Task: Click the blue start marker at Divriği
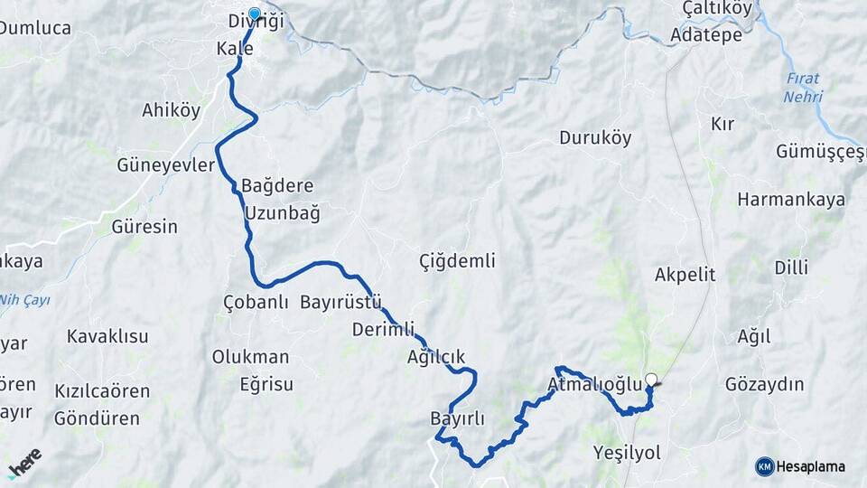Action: pyautogui.click(x=254, y=14)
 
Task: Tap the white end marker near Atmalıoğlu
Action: pyautogui.click(x=651, y=380)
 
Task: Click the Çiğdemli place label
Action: pyautogui.click(x=457, y=261)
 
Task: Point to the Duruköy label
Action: pyautogui.click(x=595, y=138)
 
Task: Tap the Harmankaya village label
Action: pyautogui.click(x=791, y=199)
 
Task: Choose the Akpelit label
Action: pyautogui.click(x=685, y=274)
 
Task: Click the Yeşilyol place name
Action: pyautogui.click(x=627, y=452)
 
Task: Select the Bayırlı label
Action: pyautogui.click(x=458, y=418)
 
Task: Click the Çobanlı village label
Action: pyautogui.click(x=256, y=303)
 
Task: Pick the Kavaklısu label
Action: pyautogui.click(x=107, y=336)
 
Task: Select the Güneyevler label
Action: pyautogui.click(x=166, y=165)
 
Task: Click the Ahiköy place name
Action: pyautogui.click(x=171, y=110)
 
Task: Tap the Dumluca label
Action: pyautogui.click(x=35, y=28)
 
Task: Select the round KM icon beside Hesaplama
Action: pyautogui.click(x=765, y=466)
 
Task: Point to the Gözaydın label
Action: pyautogui.click(x=764, y=384)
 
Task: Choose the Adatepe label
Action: pyautogui.click(x=706, y=35)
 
